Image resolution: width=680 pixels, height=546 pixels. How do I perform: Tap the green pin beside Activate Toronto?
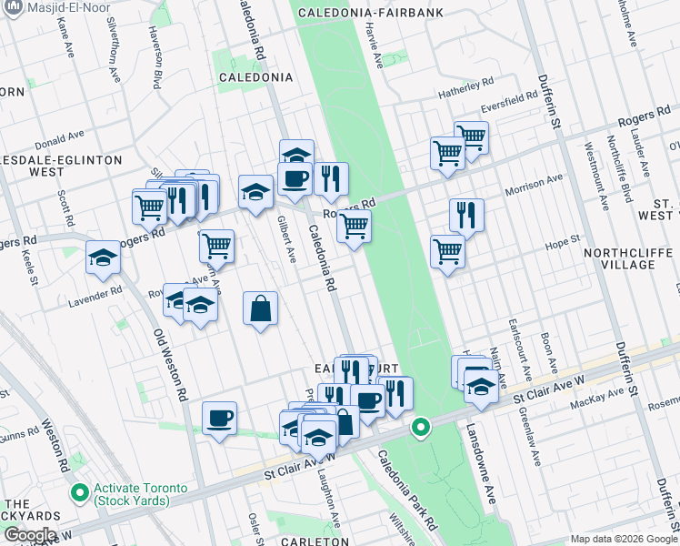80,494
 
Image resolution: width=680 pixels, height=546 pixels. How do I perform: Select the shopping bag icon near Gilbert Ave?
261,308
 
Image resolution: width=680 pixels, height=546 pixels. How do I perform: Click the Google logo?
29,535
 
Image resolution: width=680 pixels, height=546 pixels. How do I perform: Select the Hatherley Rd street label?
465,89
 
